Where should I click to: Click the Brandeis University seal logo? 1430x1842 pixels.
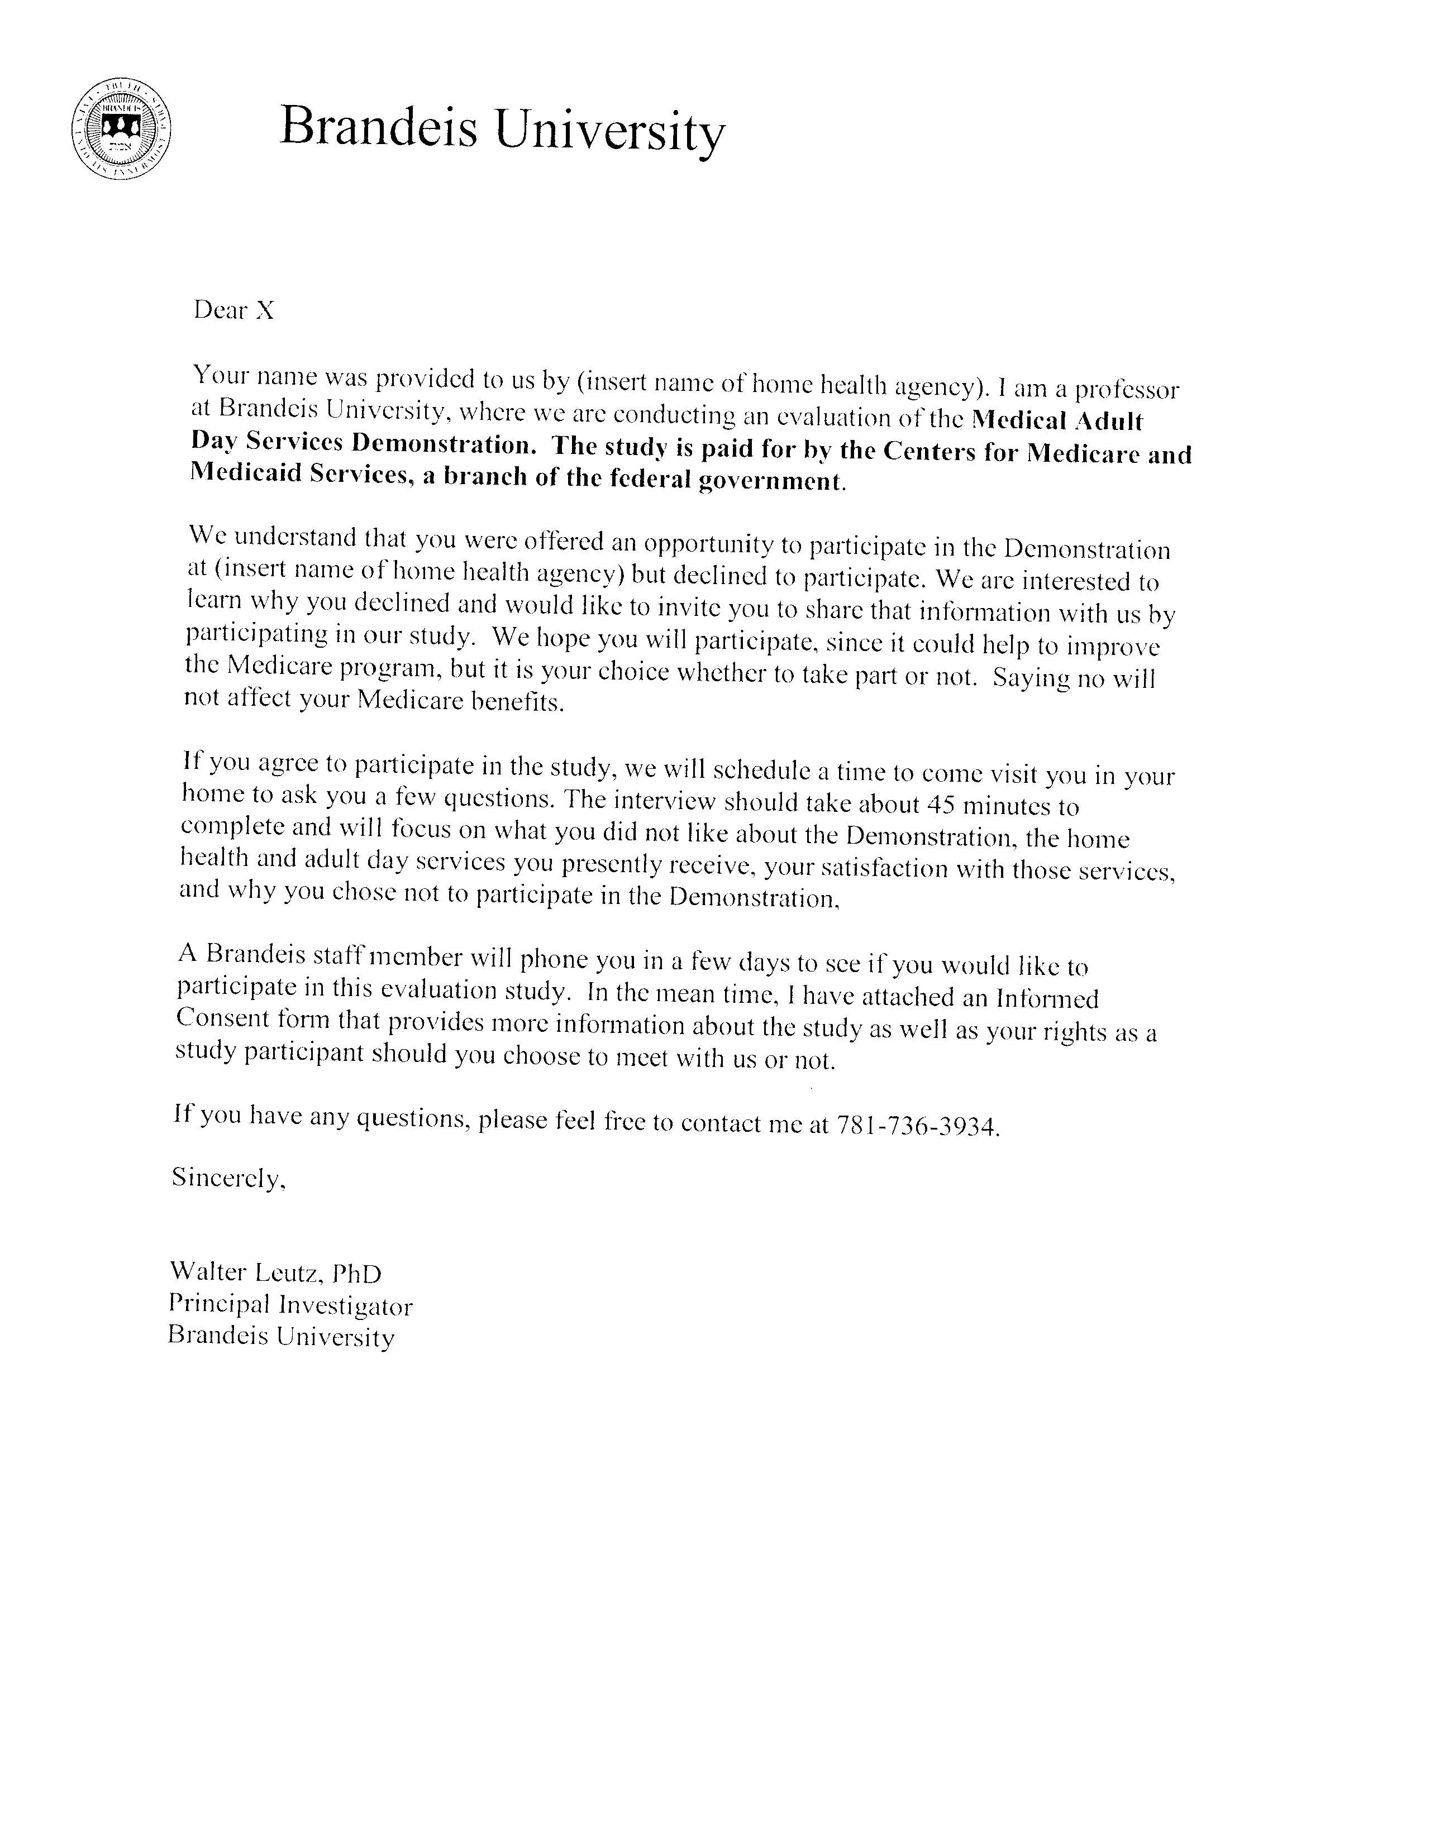121,128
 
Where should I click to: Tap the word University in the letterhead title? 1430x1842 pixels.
609,132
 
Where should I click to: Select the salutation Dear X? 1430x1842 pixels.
233,310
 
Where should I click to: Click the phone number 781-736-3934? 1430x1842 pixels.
917,1125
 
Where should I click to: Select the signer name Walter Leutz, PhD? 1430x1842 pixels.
275,1272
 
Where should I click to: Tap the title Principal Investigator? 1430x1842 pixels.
290,1305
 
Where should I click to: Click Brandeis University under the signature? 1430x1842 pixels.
281,1337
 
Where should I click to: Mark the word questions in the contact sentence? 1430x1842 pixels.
413,1118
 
